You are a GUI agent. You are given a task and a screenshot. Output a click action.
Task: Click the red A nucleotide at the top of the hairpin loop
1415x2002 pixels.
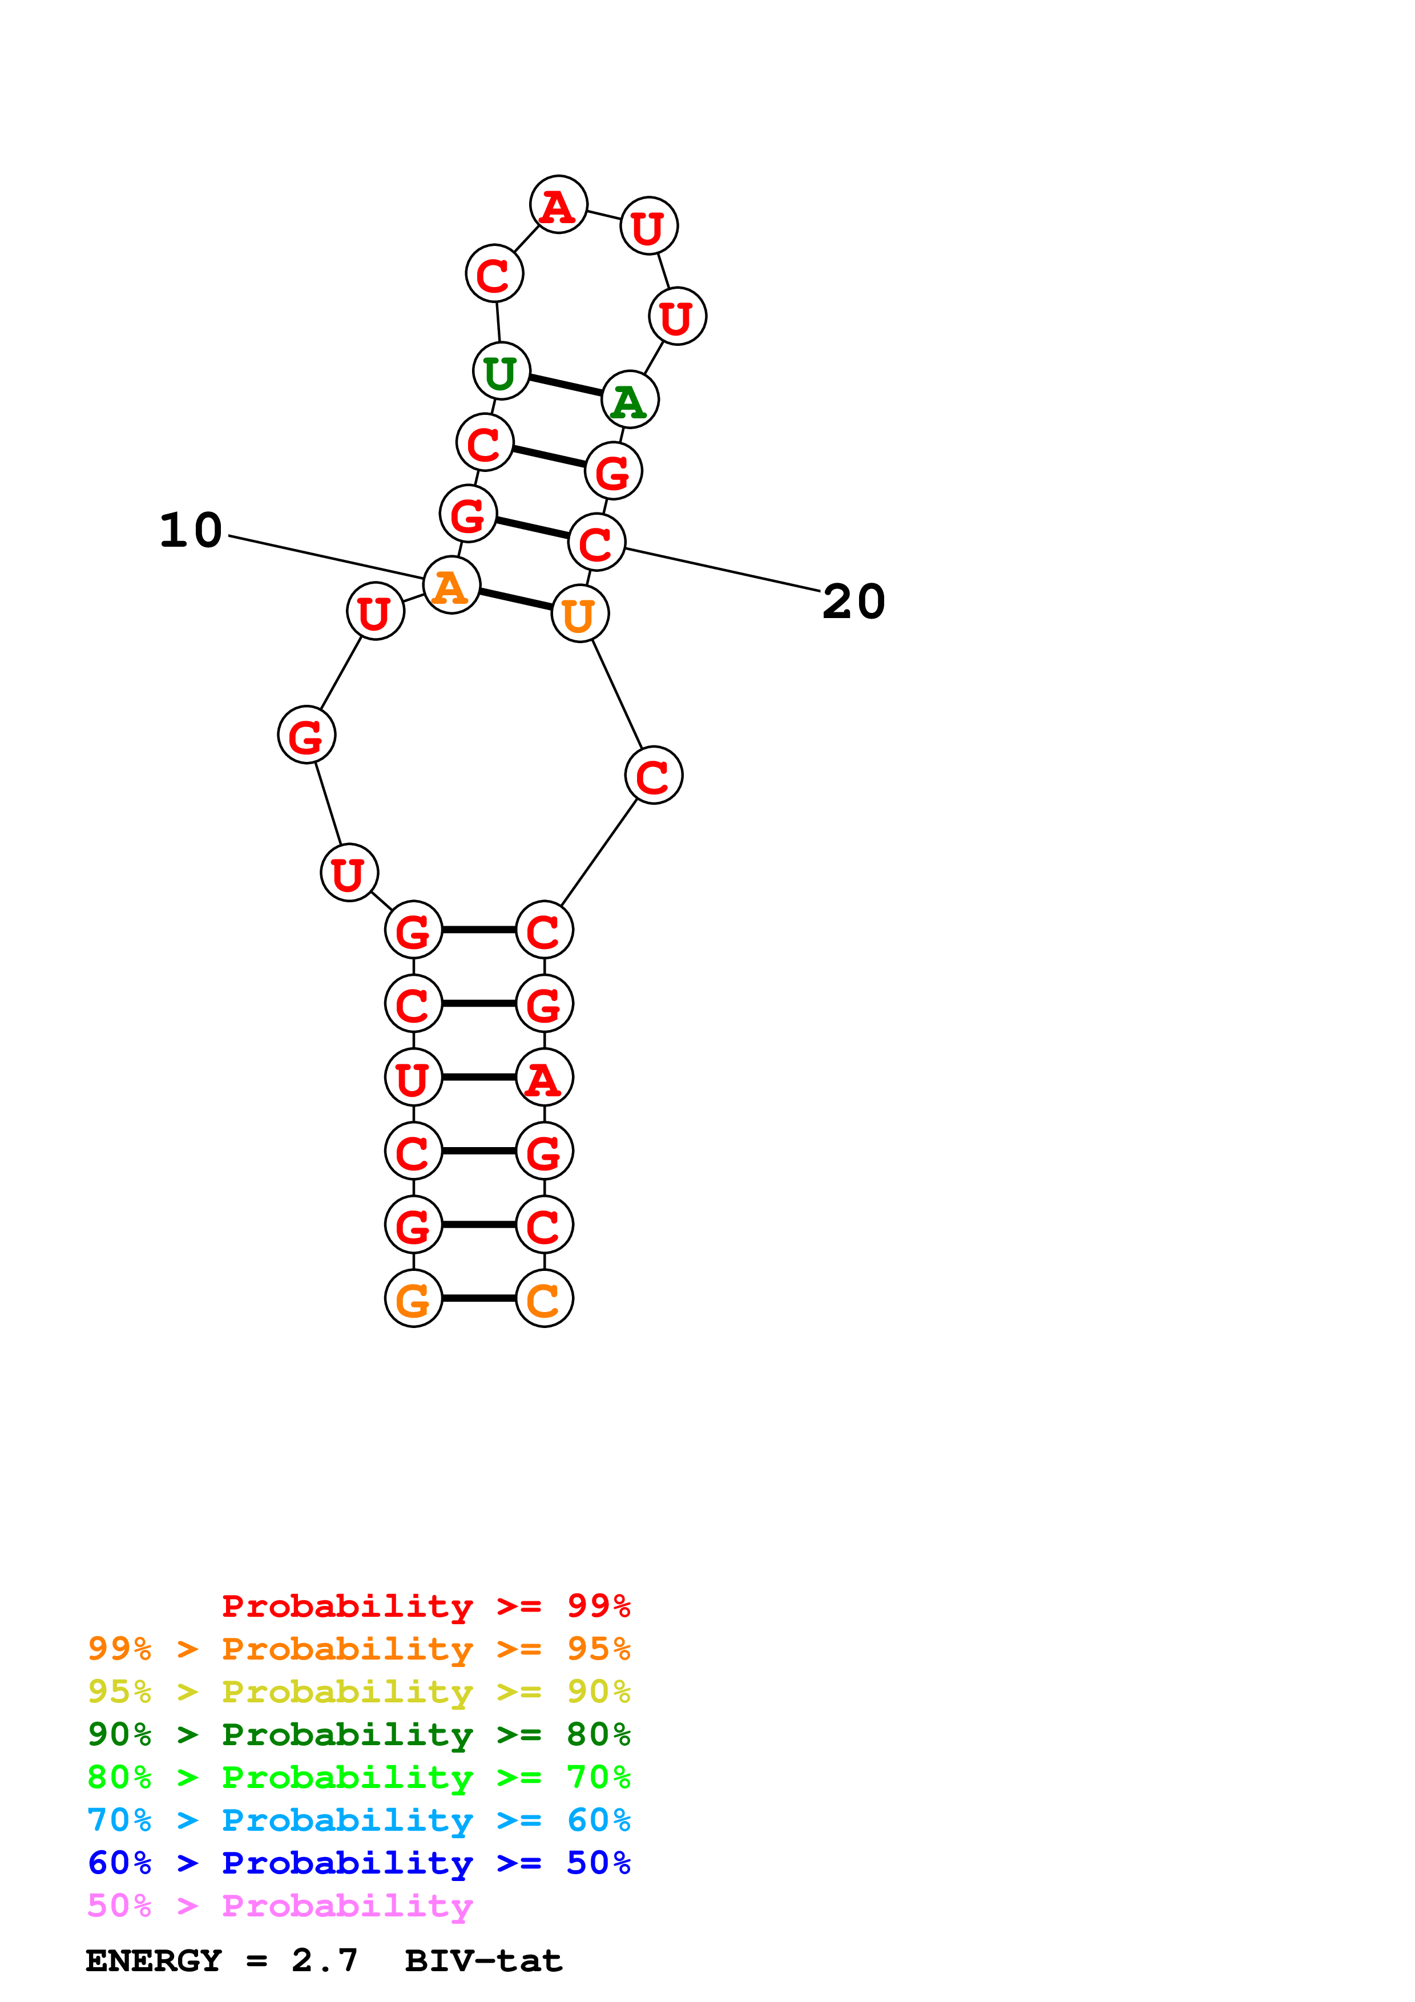pos(558,205)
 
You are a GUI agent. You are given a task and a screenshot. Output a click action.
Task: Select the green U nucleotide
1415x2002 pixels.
pos(501,372)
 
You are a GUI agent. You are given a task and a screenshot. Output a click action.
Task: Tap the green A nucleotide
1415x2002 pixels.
pos(630,400)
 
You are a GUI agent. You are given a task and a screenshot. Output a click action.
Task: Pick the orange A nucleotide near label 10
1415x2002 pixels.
pos(451,585)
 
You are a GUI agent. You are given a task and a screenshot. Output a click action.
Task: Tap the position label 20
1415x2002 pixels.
pos(853,602)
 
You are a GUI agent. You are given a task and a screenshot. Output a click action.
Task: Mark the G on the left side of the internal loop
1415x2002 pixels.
pos(306,735)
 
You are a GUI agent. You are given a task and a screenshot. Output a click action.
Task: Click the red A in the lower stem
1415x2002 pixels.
pos(544,1077)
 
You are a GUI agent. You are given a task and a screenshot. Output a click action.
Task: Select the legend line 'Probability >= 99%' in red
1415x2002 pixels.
pos(425,1606)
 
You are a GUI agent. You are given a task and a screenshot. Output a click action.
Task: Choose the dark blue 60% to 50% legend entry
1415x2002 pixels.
pos(358,1863)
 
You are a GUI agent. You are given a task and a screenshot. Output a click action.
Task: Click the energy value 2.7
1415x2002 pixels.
pos(324,1961)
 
